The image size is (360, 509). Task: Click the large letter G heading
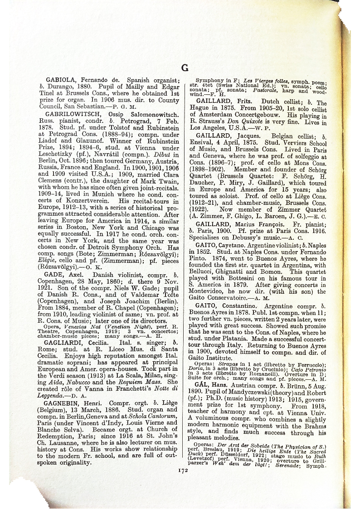pos(185,68)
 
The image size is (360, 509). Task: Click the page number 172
pos(183,470)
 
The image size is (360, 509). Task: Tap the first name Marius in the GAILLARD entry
pos(246,224)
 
